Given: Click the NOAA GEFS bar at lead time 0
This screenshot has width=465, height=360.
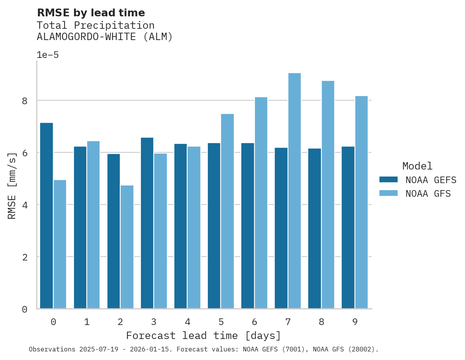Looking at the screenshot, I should pos(46,216).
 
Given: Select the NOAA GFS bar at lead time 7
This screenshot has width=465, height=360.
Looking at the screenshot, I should pos(294,191).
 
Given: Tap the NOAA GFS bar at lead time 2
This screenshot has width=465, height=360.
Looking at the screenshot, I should pos(127,247).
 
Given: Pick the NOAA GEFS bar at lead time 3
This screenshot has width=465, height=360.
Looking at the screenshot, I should pos(147,223).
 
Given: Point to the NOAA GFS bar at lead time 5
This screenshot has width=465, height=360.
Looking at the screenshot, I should pos(227,211).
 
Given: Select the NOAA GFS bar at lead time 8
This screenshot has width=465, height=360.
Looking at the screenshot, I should pos(328,195).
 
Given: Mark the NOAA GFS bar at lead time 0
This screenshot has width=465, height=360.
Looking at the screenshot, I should pos(60,244).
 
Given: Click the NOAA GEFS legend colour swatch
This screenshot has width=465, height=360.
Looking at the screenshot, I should pos(388,180).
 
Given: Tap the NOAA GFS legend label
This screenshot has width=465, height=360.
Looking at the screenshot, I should pos(428,194).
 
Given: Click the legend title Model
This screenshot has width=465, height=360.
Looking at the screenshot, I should pos(417,166).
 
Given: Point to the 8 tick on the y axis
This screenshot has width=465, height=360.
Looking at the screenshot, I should pos(25,101).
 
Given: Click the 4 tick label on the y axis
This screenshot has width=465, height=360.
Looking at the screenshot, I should pos(25,205).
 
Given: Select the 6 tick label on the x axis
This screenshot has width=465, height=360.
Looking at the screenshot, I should pos(254,322).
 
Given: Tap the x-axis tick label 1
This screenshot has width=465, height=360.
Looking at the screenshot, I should pos(87,322).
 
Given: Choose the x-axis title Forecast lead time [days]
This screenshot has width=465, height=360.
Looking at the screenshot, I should pos(203,336).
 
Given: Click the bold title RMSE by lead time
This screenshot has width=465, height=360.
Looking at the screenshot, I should pos(91,13).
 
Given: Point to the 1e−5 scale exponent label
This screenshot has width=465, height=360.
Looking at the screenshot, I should pos(47,55).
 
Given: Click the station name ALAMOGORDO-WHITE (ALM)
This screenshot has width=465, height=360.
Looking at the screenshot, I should pos(104,37).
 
